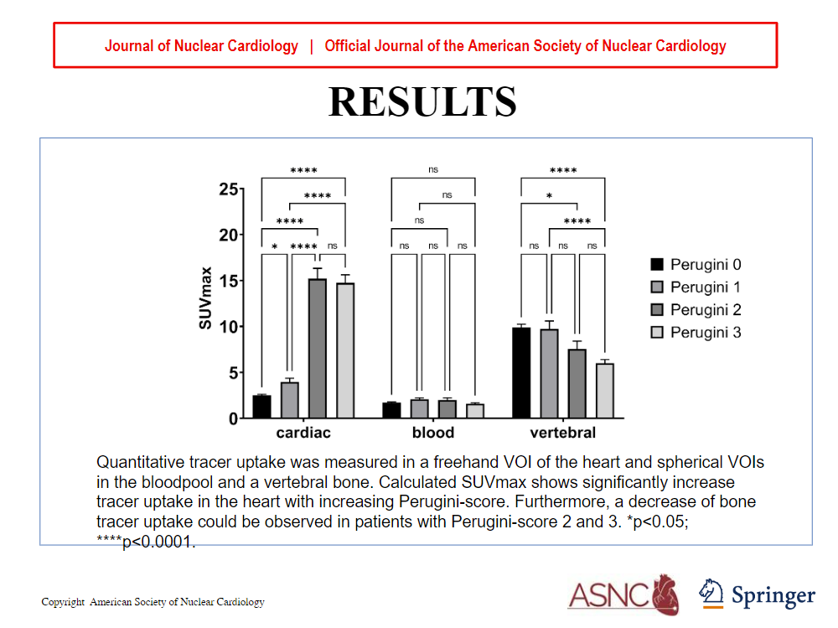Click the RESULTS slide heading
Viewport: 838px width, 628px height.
tap(422, 101)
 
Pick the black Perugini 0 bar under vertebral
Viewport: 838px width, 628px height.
tap(521, 372)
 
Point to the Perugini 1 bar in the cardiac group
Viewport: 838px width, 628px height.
tap(290, 400)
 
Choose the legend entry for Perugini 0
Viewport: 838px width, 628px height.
tap(696, 265)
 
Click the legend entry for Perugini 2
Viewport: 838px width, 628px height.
tap(696, 310)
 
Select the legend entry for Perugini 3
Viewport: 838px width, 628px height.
tap(696, 333)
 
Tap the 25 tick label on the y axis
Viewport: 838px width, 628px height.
tap(227, 189)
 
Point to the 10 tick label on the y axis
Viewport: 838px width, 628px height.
tap(227, 326)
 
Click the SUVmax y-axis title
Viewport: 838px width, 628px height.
tap(205, 298)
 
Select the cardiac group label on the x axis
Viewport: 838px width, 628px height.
tap(303, 433)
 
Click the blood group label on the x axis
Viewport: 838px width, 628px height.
tap(433, 433)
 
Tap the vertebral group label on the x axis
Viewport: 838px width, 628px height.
tap(563, 433)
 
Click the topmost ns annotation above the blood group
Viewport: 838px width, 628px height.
tap(433, 169)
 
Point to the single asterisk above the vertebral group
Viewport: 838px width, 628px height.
tap(549, 197)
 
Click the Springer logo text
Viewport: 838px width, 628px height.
tap(773, 596)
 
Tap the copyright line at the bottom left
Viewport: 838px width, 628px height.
tap(153, 602)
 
